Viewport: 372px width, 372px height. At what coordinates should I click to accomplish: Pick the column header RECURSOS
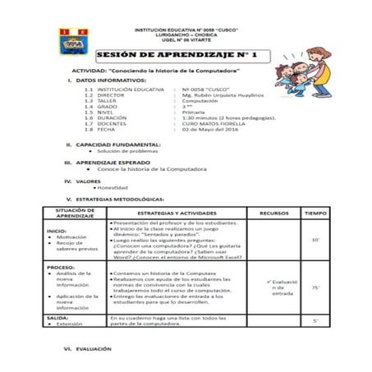point(273,213)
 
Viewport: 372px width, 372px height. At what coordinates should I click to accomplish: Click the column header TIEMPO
point(315,213)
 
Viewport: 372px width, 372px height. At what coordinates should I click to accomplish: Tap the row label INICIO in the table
point(57,231)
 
